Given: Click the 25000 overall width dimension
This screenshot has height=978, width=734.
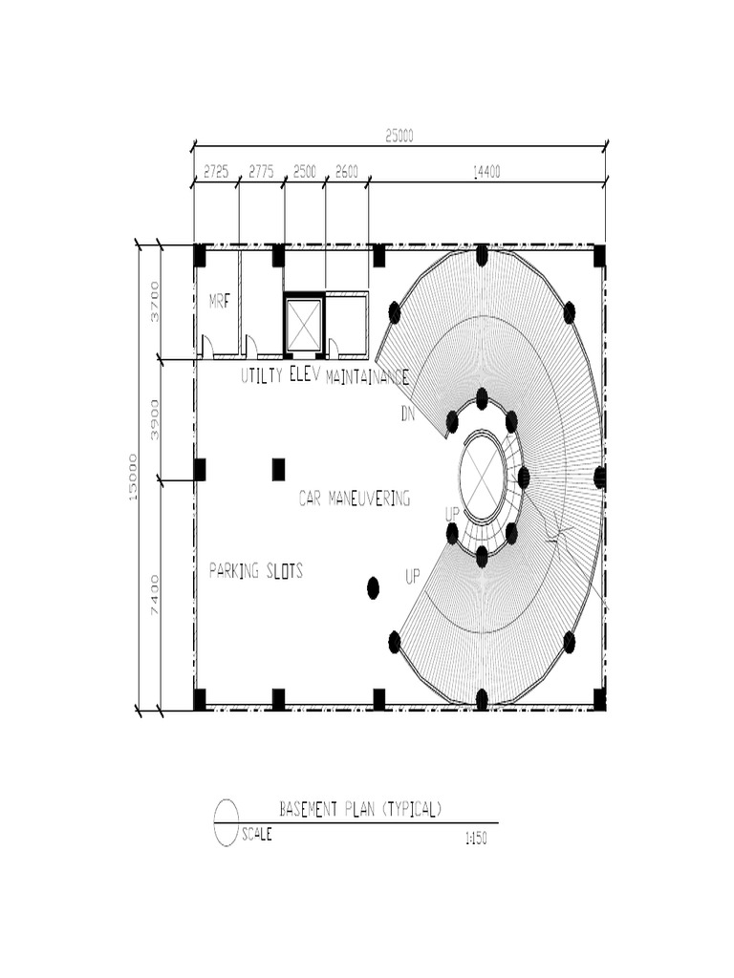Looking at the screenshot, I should pyautogui.click(x=399, y=137).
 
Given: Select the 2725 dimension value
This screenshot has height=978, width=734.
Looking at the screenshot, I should pyautogui.click(x=216, y=172).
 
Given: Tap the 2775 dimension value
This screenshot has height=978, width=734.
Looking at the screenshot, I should pyautogui.click(x=261, y=172).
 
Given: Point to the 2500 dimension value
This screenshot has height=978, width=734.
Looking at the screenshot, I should pyautogui.click(x=305, y=172).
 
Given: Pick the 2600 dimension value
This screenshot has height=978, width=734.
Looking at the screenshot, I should pyautogui.click(x=346, y=172).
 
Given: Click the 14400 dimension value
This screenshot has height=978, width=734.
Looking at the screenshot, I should pyautogui.click(x=486, y=172).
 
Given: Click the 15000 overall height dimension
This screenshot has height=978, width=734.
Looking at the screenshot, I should pyautogui.click(x=133, y=477).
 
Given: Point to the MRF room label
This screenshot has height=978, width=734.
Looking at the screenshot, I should pyautogui.click(x=220, y=302).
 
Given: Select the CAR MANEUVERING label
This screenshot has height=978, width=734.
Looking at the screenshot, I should pyautogui.click(x=354, y=498).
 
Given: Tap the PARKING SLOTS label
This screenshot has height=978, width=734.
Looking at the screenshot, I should pyautogui.click(x=255, y=571).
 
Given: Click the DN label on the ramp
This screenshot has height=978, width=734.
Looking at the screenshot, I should pyautogui.click(x=409, y=415).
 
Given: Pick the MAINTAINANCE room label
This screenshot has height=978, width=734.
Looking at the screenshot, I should pyautogui.click(x=367, y=377).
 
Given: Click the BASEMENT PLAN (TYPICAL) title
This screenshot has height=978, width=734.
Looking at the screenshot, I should pyautogui.click(x=360, y=809).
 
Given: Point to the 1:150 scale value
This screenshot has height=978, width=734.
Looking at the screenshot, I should pyautogui.click(x=474, y=839).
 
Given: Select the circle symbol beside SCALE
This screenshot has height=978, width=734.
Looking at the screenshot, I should pyautogui.click(x=227, y=822).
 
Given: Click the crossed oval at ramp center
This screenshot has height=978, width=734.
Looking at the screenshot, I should pyautogui.click(x=483, y=476).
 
